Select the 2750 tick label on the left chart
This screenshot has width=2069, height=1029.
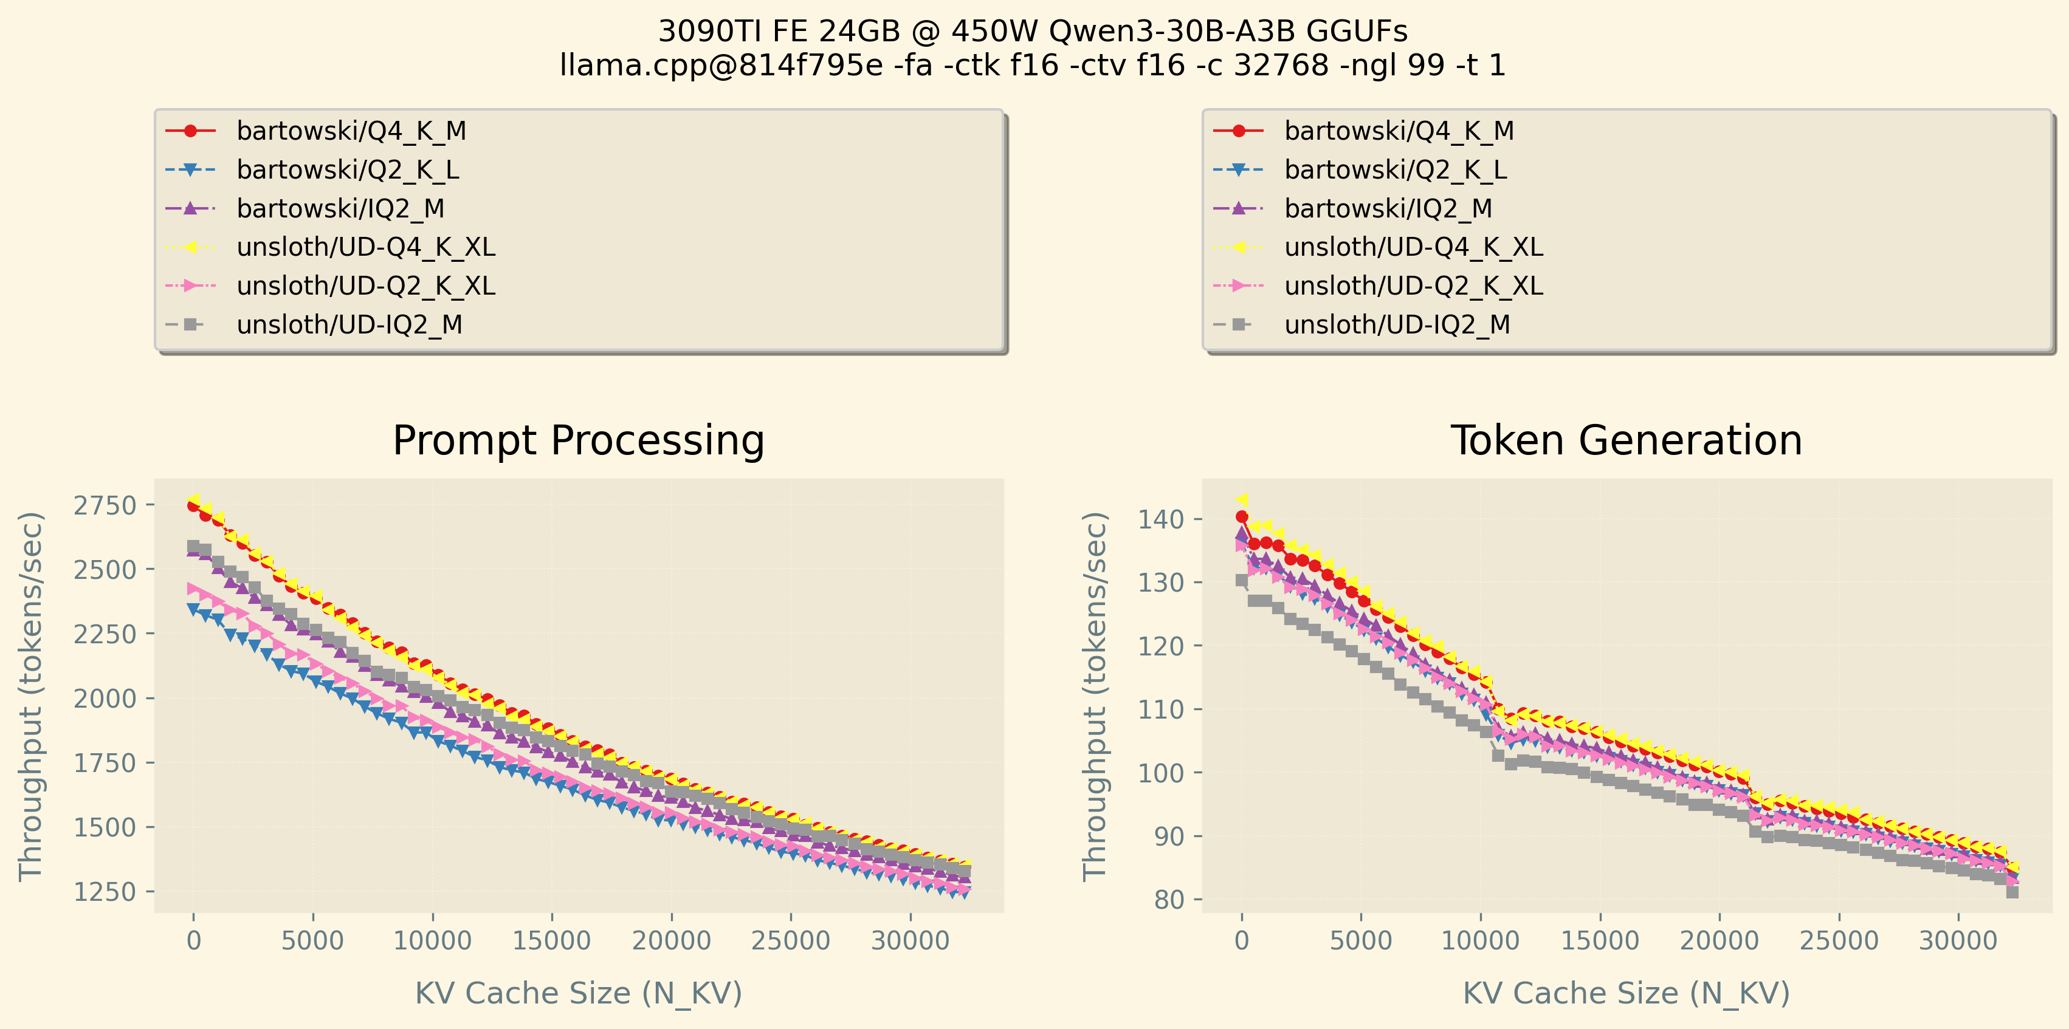tap(105, 505)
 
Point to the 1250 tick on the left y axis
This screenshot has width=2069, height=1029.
tap(105, 892)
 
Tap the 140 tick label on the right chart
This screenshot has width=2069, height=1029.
tap(1160, 519)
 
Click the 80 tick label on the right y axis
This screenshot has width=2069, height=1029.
tap(1169, 900)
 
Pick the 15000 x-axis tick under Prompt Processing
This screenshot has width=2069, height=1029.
tap(552, 941)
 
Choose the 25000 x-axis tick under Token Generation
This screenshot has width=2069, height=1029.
tap(1839, 941)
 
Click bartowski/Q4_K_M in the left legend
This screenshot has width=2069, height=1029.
tap(351, 131)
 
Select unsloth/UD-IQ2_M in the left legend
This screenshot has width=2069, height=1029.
tap(349, 324)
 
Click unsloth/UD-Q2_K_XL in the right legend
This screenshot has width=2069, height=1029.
tap(1414, 285)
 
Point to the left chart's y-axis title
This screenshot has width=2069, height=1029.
tap(30, 696)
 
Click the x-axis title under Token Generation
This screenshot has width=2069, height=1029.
tap(1626, 993)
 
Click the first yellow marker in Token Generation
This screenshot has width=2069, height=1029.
tap(1242, 500)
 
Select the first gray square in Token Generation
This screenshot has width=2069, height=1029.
tap(1242, 580)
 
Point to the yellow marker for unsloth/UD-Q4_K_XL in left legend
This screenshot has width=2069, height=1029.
tap(190, 247)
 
